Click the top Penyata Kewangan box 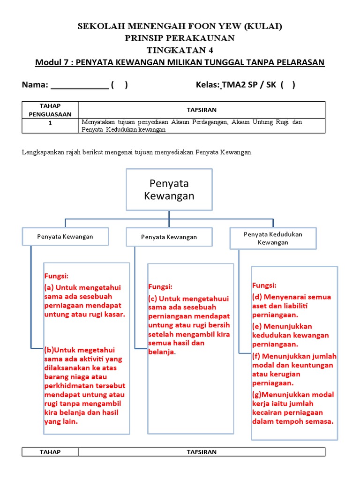pos(169,189)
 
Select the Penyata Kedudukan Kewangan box pos(273,238)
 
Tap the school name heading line pos(180,27)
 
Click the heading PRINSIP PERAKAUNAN pos(180,38)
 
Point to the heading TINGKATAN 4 pos(180,50)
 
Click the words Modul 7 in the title pos(52,62)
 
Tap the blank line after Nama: pos(79,86)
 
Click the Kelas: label pos(208,85)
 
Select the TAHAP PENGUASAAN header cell pos(50,109)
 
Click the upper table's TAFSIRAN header pos(202,109)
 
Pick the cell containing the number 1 pos(50,122)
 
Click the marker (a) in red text pos(49,288)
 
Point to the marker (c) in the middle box pos(153,298)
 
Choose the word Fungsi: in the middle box pos(160,286)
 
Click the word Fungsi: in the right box pos(264,285)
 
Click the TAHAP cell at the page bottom pos(50,452)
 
